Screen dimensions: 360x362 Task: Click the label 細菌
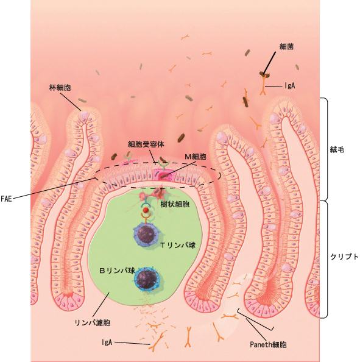click(x=286, y=47)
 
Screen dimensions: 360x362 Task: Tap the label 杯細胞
click(x=60, y=88)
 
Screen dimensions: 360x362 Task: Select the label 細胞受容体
click(x=146, y=144)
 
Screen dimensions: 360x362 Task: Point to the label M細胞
click(x=196, y=157)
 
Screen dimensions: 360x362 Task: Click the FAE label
click(x=6, y=199)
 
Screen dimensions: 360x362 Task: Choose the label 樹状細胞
click(x=175, y=204)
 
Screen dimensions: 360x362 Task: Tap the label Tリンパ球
click(x=178, y=245)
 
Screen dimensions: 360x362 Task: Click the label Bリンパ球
click(x=117, y=271)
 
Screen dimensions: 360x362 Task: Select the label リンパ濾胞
click(x=93, y=322)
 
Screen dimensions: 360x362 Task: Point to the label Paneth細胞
click(x=269, y=345)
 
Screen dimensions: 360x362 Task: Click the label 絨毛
click(x=337, y=150)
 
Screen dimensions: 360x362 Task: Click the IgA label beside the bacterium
click(x=289, y=86)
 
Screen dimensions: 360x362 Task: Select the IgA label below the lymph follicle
click(x=107, y=342)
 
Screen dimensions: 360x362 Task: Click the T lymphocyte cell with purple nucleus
click(x=145, y=235)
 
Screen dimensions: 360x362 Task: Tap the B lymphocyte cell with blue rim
click(x=147, y=279)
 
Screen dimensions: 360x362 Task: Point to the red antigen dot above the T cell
click(x=146, y=210)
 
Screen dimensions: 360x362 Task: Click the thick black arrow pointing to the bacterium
click(x=269, y=63)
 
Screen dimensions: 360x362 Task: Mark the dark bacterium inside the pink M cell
click(x=164, y=177)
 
